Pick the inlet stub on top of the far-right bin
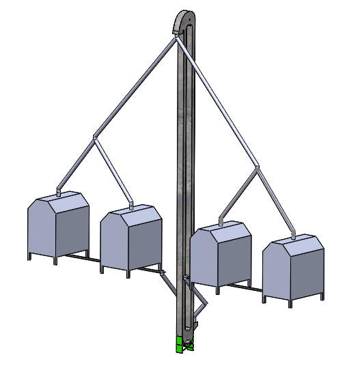click(294, 234)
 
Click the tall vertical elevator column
click(182, 171)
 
